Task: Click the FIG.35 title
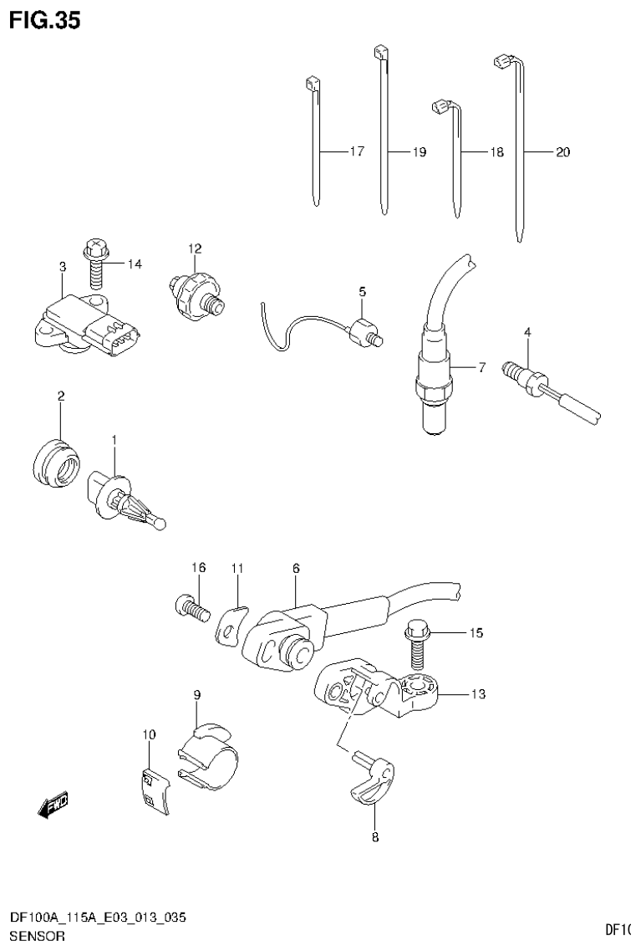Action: click(45, 21)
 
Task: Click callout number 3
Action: click(62, 267)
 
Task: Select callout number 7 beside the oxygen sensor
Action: click(481, 367)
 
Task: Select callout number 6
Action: click(295, 568)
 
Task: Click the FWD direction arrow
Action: click(53, 806)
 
